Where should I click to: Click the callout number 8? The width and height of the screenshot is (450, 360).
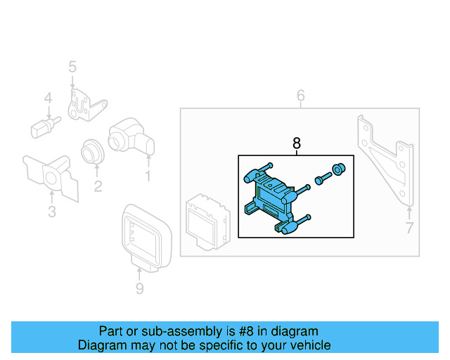click(x=296, y=143)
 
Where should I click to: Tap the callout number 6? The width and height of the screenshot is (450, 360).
click(x=300, y=95)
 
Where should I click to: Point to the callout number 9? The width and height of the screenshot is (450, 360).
click(x=139, y=288)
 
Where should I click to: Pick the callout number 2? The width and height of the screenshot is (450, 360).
click(x=98, y=186)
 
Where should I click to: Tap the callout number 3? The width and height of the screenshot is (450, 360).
click(x=51, y=212)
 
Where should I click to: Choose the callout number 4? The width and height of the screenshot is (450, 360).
click(x=49, y=98)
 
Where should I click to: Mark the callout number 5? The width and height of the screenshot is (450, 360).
click(x=72, y=67)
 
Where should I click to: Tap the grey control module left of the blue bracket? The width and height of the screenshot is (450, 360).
click(x=205, y=219)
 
